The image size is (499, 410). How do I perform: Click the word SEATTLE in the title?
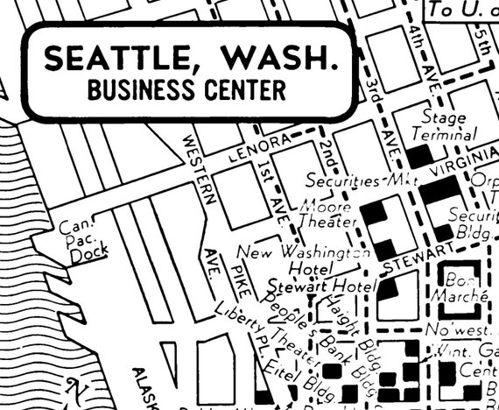109,60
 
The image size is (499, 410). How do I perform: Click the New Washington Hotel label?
311,260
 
